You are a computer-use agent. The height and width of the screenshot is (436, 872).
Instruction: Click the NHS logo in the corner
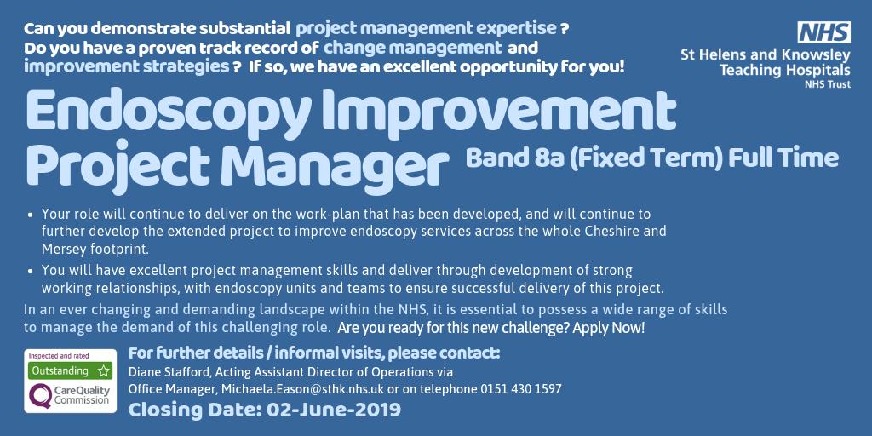823,32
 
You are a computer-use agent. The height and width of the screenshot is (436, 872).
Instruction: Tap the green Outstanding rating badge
71,370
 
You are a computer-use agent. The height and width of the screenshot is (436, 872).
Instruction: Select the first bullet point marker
32,215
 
